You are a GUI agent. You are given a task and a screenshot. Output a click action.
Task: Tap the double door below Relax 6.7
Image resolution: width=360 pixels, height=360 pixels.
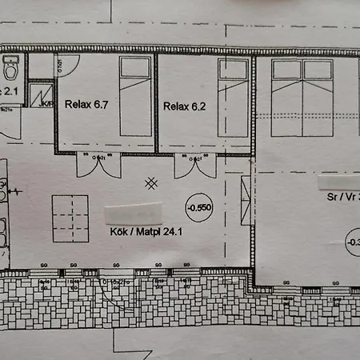(x=98, y=165)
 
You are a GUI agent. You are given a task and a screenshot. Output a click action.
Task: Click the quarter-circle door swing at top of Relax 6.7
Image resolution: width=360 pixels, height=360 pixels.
(x=64, y=66)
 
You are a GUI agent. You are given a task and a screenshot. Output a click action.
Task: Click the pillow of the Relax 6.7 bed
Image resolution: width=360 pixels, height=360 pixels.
(x=135, y=68)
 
